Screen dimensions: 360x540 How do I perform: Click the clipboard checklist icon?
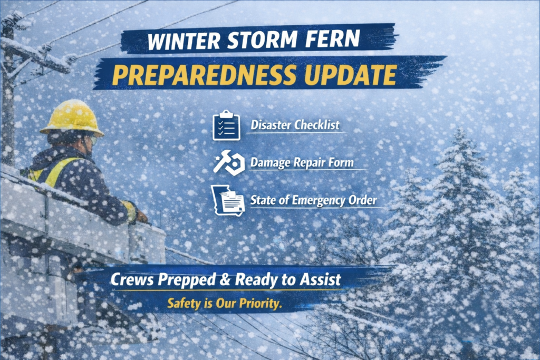pyautogui.click(x=226, y=125)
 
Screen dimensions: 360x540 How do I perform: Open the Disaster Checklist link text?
pyautogui.click(x=295, y=125)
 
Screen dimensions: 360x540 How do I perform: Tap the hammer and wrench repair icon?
pyautogui.click(x=228, y=163)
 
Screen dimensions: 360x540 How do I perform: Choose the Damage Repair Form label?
pyautogui.click(x=308, y=163)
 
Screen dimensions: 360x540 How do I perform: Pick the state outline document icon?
pyautogui.click(x=227, y=201)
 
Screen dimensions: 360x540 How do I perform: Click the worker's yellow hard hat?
pyautogui.click(x=72, y=118)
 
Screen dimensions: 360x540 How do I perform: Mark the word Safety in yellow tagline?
pyautogui.click(x=182, y=304)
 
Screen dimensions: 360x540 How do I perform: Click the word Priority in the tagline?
pyautogui.click(x=258, y=304)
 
